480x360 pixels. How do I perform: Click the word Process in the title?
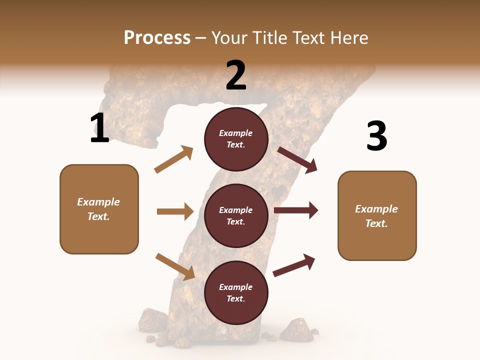point(157,38)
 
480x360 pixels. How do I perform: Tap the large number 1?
point(99,128)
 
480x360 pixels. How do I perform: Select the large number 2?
point(236,75)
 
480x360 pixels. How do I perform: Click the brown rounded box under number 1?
point(99,209)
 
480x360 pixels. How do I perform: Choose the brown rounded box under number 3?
point(377,215)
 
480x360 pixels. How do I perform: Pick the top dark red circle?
point(236,139)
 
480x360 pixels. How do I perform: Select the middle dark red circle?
point(236,215)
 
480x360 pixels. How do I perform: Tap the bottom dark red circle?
point(236,292)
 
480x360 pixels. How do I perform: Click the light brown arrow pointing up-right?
point(174,159)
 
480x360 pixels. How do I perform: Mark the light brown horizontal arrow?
point(175,211)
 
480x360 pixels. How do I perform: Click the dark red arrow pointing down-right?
point(297,160)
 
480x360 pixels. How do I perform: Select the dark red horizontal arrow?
point(296,210)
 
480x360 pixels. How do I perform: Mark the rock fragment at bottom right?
point(296,329)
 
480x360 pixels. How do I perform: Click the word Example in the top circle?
point(236,133)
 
